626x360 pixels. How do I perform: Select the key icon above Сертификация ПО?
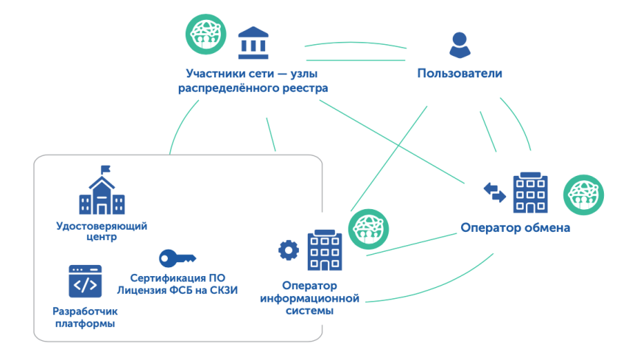coord(177,258)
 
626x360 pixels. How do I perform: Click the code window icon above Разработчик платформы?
coord(85,281)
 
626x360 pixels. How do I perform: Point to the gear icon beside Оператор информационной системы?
coord(288,250)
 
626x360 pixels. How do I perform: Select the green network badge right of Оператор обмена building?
coord(583,194)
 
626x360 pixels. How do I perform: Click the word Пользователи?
coord(460,74)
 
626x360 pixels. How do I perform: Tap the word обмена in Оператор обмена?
coord(544,228)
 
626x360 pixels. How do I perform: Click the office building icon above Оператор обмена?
coord(530,191)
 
